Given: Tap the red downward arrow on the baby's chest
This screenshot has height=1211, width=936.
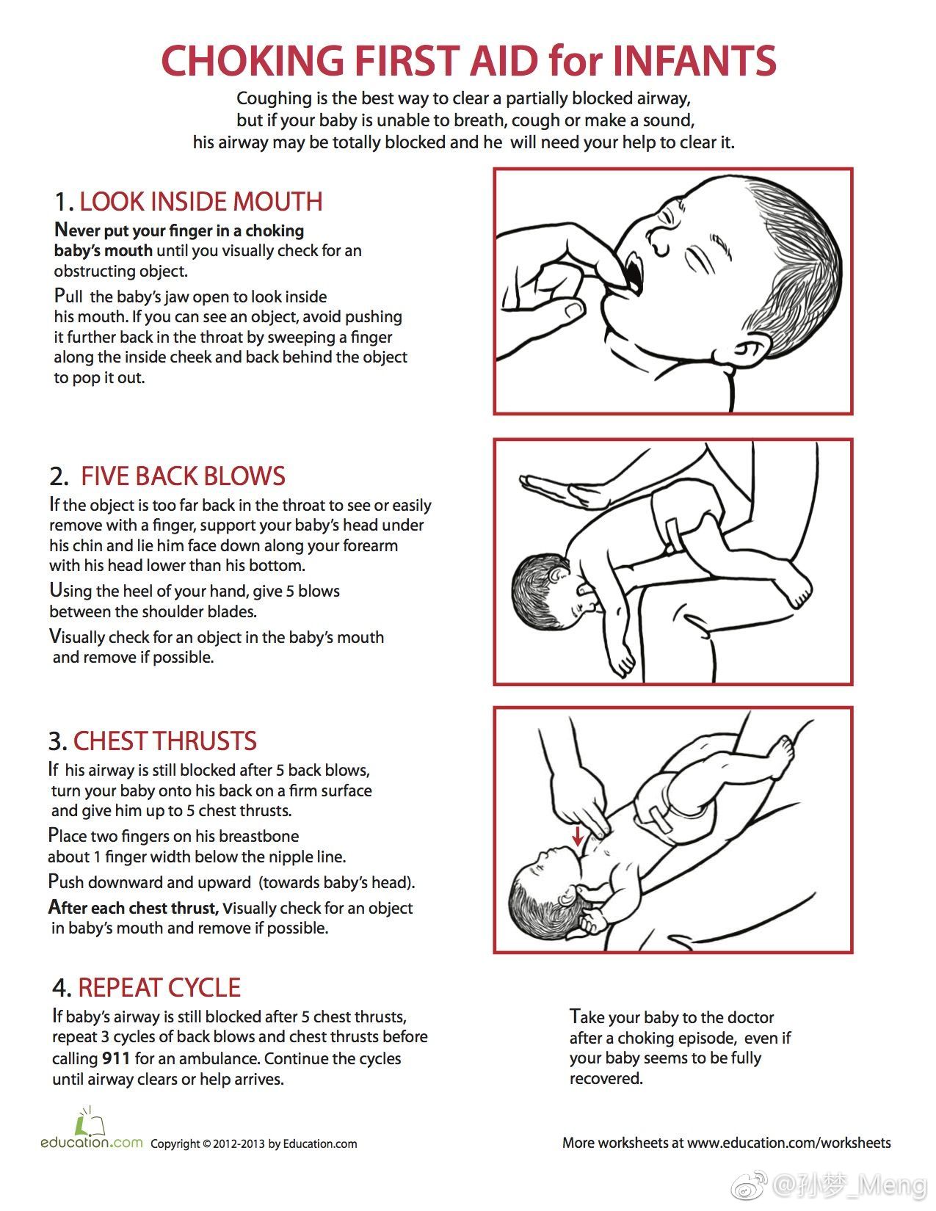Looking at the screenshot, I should tap(578, 835).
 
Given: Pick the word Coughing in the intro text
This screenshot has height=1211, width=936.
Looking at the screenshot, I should tap(274, 98).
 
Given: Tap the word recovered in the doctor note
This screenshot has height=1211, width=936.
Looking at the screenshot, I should tap(606, 1079).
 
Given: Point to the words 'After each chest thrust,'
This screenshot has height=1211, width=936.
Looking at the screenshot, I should tap(134, 908).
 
